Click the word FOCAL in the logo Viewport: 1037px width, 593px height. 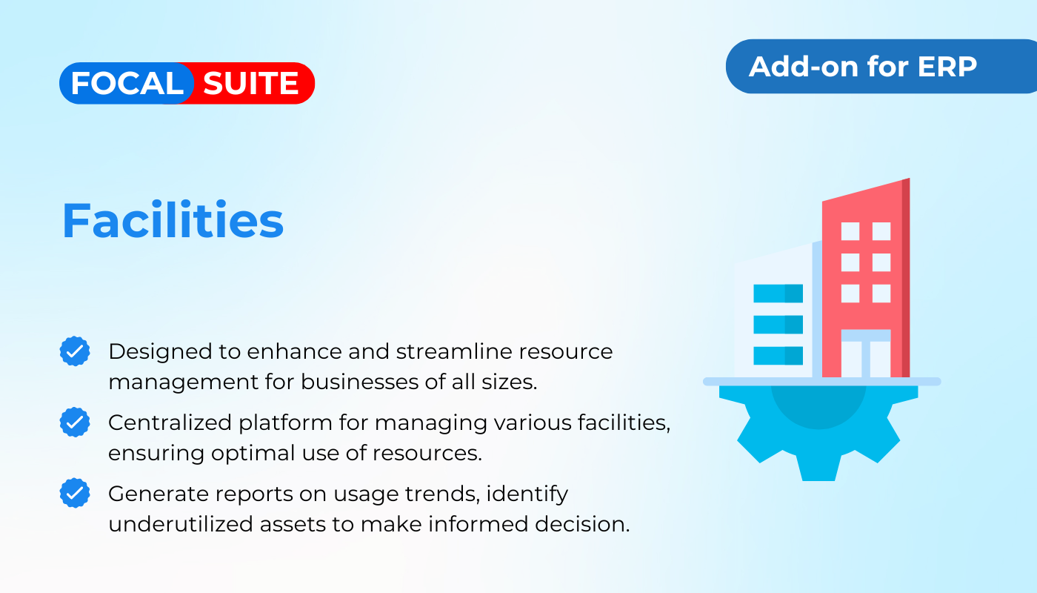pos(127,83)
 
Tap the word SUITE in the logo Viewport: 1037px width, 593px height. pos(251,83)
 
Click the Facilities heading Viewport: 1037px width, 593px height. pos(173,219)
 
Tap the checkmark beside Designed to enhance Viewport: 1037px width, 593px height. pos(75,351)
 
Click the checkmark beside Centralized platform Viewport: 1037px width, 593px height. pos(75,422)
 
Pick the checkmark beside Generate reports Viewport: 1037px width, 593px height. pos(75,493)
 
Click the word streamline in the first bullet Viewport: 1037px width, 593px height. pos(454,351)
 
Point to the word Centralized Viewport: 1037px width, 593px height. pos(170,423)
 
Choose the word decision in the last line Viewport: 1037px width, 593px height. pos(582,524)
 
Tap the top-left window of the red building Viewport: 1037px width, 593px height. pos(850,231)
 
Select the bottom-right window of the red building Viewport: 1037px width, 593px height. pos(881,294)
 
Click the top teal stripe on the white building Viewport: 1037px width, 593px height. pos(778,294)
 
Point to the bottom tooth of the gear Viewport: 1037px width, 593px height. pos(818,467)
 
